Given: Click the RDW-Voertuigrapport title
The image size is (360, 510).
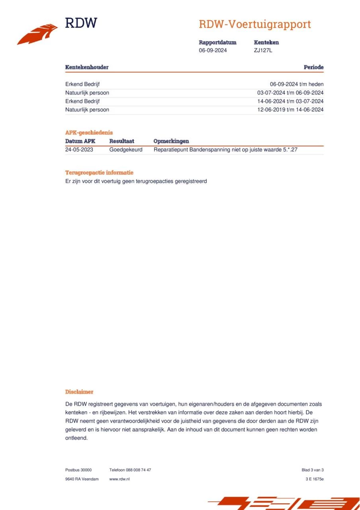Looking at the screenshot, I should (254, 24).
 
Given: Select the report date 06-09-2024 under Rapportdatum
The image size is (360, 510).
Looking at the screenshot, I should (213, 50).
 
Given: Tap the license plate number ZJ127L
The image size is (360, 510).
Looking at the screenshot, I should (263, 50).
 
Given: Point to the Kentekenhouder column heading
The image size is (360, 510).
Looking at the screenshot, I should (87, 67).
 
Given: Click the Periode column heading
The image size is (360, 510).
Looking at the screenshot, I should (313, 67).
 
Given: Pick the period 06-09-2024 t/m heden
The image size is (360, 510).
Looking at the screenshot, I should (297, 84).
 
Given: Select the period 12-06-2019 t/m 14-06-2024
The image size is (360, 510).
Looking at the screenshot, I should (290, 110).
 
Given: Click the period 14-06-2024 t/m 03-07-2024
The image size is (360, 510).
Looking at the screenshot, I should (290, 101).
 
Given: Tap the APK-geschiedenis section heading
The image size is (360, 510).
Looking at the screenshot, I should (89, 133).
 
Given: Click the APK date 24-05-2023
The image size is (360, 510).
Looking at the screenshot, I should (79, 150).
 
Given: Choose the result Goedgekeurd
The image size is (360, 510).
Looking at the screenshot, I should (126, 150).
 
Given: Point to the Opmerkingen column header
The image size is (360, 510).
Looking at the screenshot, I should (171, 141).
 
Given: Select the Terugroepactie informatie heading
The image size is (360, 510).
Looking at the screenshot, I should (99, 173).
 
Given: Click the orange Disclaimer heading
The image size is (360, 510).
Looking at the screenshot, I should (79, 392).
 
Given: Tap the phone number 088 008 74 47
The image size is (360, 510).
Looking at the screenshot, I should (138, 470).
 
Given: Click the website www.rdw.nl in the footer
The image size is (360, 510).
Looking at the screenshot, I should (119, 479).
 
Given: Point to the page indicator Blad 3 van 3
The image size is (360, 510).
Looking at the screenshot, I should (312, 470).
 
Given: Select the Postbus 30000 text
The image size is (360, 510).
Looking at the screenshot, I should (78, 470).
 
